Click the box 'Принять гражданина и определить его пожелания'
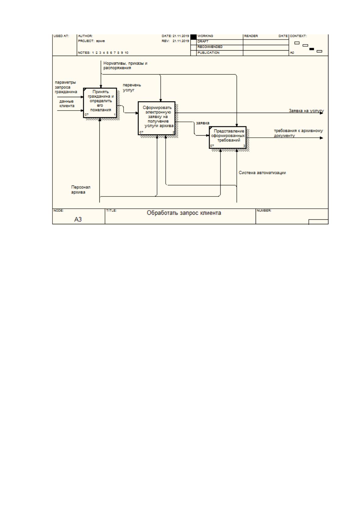[100, 103]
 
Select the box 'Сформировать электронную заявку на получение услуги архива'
[156, 118]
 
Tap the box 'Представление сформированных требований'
[228, 137]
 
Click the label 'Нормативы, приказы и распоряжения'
[125, 65]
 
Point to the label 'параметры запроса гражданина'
[66, 87]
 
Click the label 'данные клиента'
[67, 104]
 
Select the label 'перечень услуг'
[132, 87]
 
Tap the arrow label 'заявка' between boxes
[203, 123]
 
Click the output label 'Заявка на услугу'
[306, 111]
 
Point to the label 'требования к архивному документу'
[298, 133]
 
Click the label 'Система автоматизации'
[262, 173]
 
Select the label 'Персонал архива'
[81, 189]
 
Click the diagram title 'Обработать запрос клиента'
[184, 213]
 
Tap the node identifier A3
[78, 219]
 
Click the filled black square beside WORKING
[193, 37]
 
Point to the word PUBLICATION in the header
[208, 53]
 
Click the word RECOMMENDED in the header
[210, 47]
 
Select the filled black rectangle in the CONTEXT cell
[312, 49]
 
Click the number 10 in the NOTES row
[127, 53]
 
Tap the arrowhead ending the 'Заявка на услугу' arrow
[322, 113]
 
